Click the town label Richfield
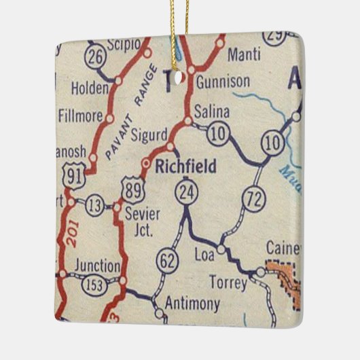tap(185, 166)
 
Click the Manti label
tap(243, 54)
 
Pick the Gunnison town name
tap(222, 82)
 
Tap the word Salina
tap(211, 111)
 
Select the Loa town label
tap(204, 257)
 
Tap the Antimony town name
tap(193, 305)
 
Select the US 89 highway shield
tap(133, 187)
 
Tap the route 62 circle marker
tap(167, 260)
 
